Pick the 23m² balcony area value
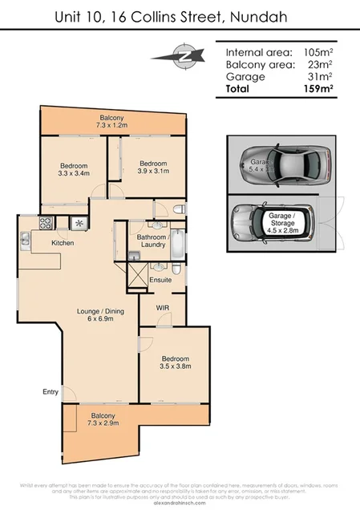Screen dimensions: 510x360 click(318, 64)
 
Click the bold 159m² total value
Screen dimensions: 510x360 click(314, 89)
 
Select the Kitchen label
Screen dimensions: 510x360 click(63, 242)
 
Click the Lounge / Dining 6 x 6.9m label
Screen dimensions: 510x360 click(97, 314)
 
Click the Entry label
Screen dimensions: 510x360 click(51, 392)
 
